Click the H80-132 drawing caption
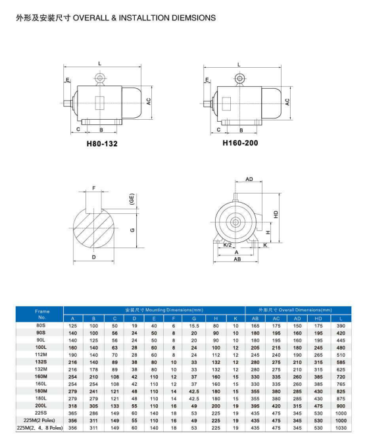point(102,143)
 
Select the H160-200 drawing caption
point(240,143)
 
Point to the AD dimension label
point(249,179)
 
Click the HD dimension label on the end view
point(276,215)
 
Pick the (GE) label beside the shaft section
point(132,199)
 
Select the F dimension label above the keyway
point(94,188)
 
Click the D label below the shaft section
point(94,257)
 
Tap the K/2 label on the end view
point(228,245)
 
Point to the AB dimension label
point(237,259)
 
